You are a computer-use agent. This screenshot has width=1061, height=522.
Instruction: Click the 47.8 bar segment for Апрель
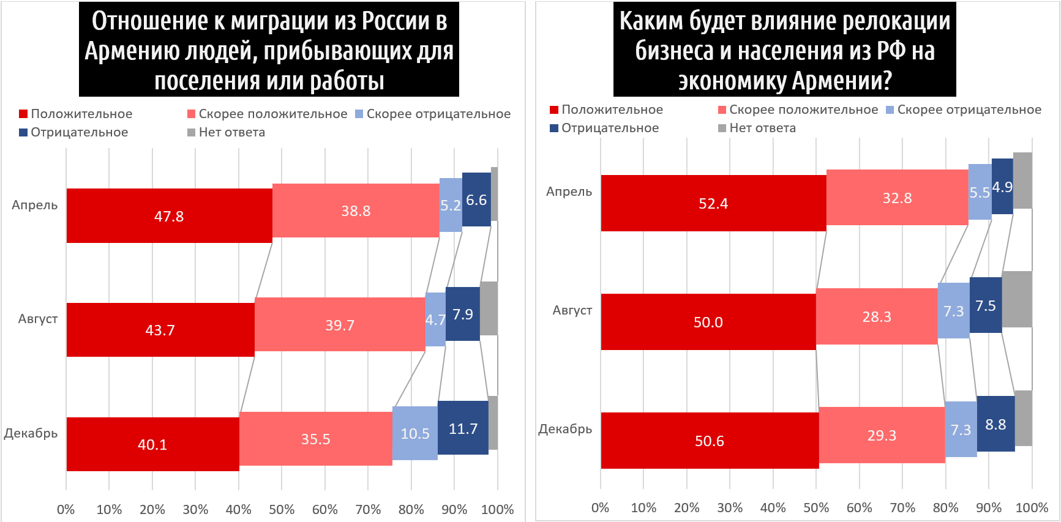point(169,215)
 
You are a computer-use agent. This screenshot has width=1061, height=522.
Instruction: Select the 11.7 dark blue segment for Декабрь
point(463,428)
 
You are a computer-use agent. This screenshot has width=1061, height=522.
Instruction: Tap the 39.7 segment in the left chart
point(340,324)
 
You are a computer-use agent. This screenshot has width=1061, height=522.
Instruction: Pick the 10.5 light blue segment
point(414,433)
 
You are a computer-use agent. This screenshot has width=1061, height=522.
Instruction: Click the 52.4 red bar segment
point(713,203)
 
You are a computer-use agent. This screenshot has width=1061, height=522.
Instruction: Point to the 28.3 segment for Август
point(877,316)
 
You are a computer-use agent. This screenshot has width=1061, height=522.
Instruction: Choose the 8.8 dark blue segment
point(995,424)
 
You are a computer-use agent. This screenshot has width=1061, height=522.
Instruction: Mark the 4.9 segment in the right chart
point(1002,187)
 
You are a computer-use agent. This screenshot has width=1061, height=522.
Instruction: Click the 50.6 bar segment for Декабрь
point(710,441)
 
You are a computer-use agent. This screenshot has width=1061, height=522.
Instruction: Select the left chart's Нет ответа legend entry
point(226,132)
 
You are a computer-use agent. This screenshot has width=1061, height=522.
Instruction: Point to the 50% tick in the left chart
point(282,509)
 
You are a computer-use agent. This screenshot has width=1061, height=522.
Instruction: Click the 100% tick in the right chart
point(1032,507)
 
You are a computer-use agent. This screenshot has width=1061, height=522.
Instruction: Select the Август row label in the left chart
point(38,319)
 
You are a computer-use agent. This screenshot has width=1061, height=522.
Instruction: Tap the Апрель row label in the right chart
point(569,192)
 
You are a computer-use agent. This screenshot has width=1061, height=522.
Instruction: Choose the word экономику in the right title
point(732,81)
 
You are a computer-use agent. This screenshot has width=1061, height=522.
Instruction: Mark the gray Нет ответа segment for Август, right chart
point(1017,299)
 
